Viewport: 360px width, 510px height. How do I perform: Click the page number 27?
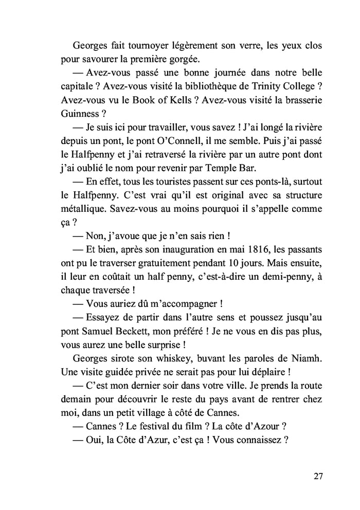(x=317, y=476)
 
